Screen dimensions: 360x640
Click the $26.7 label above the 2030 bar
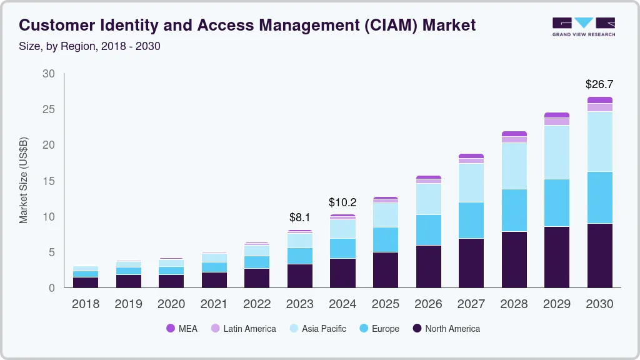(x=599, y=84)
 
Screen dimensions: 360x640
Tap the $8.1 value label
(x=300, y=217)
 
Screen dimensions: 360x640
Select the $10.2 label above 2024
(x=342, y=202)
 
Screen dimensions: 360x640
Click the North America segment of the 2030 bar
(x=599, y=255)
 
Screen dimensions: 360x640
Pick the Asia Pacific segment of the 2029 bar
(x=557, y=152)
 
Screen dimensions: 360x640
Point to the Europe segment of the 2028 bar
(x=514, y=210)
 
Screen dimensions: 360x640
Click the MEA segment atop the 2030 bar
(x=599, y=100)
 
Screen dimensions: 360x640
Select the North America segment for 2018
(x=86, y=282)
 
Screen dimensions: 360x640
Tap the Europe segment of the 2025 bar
(x=386, y=239)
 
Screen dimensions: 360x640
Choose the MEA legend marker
(x=171, y=328)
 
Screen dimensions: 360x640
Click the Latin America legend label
(x=249, y=328)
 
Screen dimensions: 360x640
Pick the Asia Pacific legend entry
(x=324, y=328)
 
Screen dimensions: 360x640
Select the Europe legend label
(x=385, y=328)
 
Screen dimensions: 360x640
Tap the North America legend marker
(x=416, y=328)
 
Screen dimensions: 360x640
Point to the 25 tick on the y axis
(x=49, y=109)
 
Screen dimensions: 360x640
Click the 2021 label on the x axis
(x=214, y=304)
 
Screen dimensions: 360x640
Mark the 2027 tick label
(x=471, y=304)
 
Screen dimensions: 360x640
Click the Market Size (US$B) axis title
(x=24, y=179)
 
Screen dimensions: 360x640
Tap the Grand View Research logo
(x=583, y=26)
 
